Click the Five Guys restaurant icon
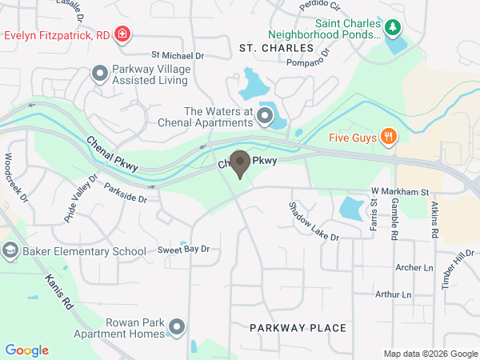(388, 136)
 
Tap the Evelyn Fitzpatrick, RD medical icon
(122, 34)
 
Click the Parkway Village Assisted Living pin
(100, 74)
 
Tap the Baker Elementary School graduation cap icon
(10, 252)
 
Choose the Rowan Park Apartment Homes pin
(177, 327)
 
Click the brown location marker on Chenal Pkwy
(239, 161)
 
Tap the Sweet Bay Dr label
(183, 250)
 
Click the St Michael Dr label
(178, 56)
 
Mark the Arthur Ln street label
(393, 294)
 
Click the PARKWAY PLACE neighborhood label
(298, 328)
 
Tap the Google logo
(26, 350)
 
